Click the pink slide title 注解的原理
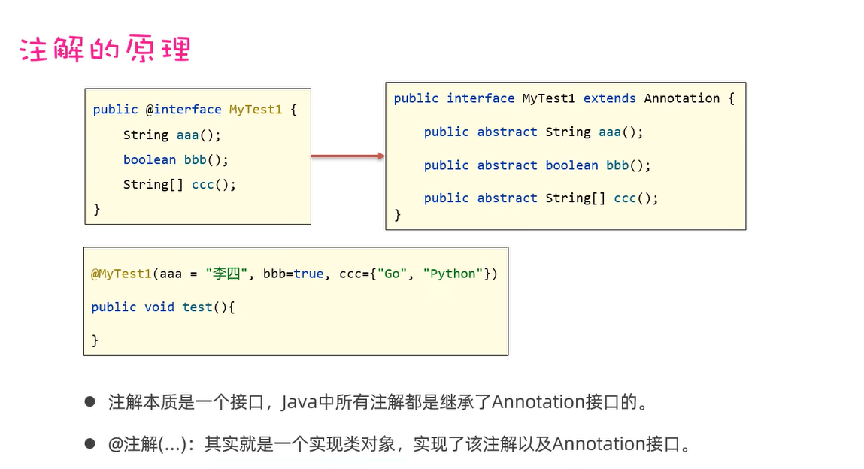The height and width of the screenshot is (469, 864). tap(105, 49)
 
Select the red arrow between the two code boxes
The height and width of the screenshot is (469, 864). tap(347, 156)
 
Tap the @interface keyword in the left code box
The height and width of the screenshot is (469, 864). tap(183, 110)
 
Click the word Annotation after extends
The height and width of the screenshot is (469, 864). tap(681, 98)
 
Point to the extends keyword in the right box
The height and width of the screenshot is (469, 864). tap(609, 98)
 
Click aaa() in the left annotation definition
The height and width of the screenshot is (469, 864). tap(199, 135)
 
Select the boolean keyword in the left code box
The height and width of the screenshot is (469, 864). tap(150, 159)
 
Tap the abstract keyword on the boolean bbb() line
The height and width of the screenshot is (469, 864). tap(507, 165)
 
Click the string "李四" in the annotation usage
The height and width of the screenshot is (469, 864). tap(227, 274)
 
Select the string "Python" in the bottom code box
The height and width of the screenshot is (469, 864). tap(453, 274)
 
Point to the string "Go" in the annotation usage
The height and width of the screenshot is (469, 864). tap(392, 274)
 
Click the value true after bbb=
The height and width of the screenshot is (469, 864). tap(308, 274)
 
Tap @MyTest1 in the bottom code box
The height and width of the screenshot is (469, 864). tap(122, 274)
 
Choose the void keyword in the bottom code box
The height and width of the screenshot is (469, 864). tap(159, 307)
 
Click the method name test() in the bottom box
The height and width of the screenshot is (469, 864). tap(205, 307)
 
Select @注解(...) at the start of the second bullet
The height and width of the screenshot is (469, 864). tap(147, 444)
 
